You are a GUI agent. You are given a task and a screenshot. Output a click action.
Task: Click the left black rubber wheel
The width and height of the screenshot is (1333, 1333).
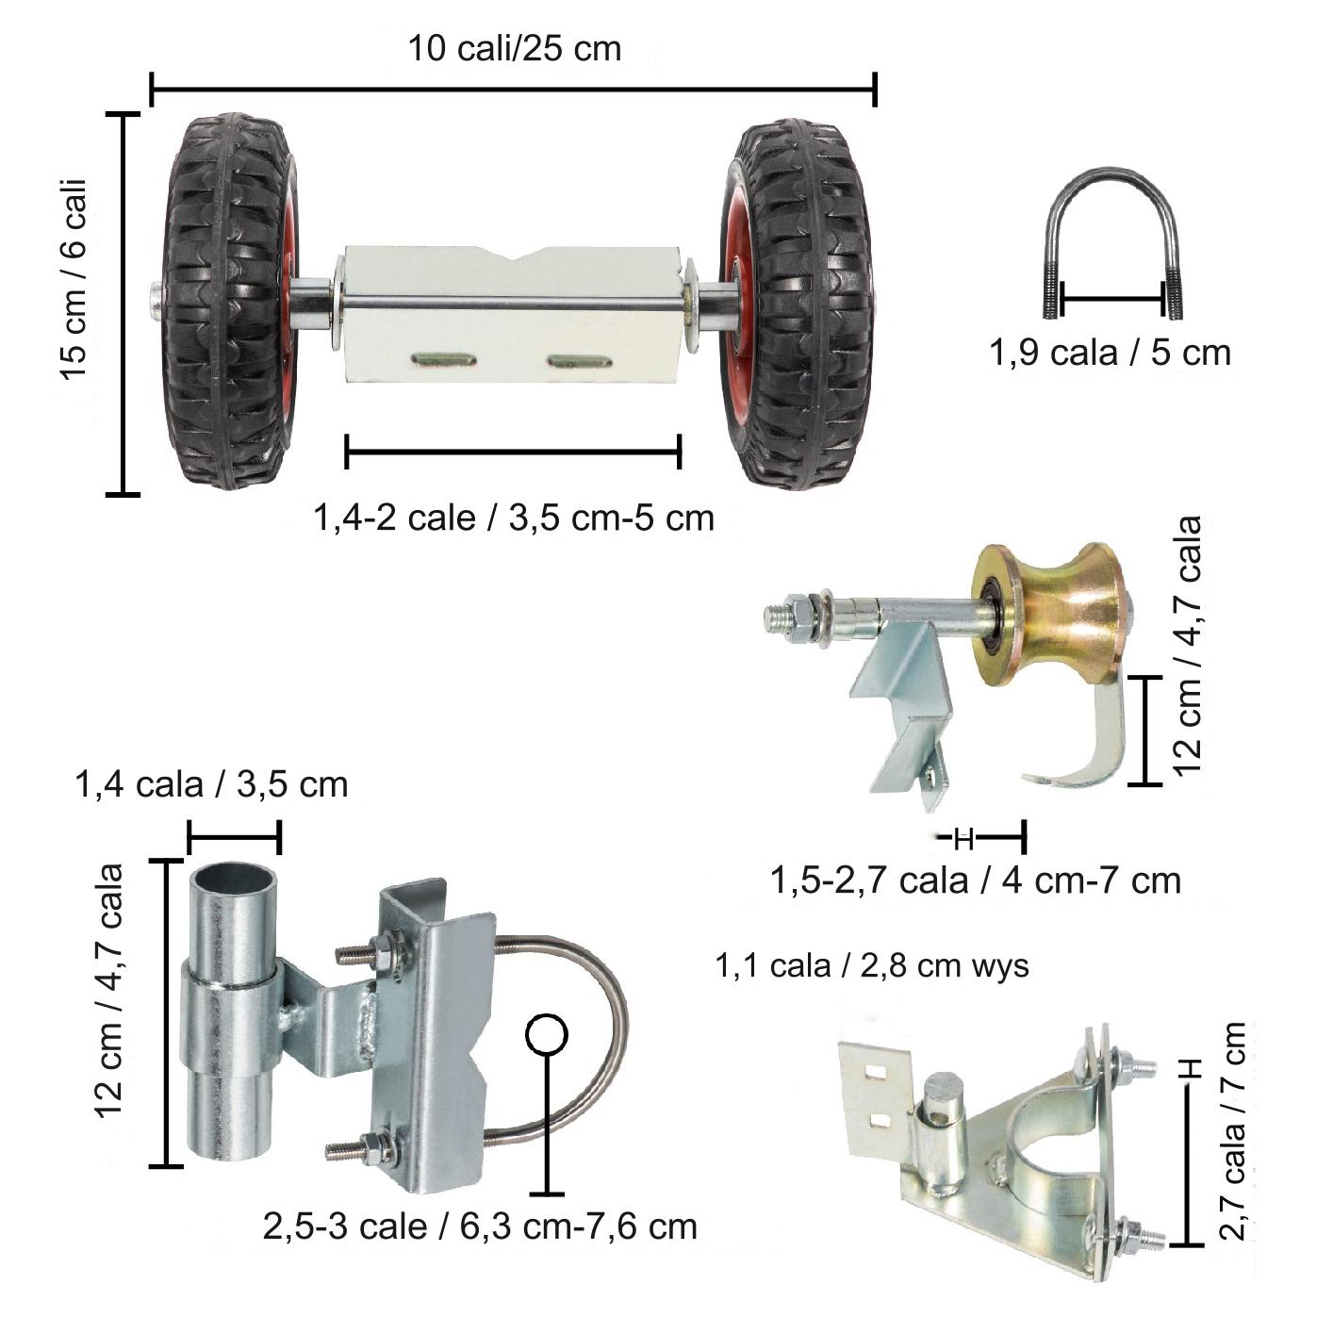coord(228,302)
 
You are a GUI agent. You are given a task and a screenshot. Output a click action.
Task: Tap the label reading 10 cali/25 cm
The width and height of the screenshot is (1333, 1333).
coord(514,48)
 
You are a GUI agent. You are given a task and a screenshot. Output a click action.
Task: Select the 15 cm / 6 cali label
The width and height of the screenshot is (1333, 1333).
coord(74,279)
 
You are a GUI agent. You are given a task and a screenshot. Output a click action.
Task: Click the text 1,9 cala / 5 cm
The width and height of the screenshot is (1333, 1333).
coord(1110,353)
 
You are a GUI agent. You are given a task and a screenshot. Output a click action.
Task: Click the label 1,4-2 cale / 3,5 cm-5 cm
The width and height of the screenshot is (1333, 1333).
coord(513,518)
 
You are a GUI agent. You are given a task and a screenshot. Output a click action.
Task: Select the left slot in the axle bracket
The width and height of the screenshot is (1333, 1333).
coord(443,359)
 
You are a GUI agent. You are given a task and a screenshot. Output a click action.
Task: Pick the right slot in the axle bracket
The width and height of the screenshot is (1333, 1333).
coord(579,360)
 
